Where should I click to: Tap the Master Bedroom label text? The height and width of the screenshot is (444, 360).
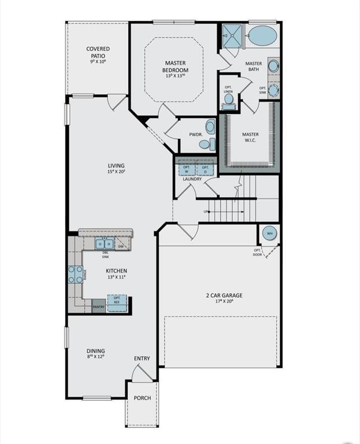point(175,66)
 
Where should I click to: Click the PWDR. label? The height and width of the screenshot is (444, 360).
point(195,135)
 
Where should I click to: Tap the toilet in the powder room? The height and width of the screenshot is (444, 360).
point(210,127)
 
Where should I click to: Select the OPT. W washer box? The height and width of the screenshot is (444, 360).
point(186,169)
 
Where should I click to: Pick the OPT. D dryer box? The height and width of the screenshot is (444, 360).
point(205,169)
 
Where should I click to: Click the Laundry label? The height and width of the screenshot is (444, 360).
point(192,179)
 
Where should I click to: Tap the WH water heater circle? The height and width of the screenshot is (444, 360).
point(269,234)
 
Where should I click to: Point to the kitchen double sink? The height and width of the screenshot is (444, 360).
point(104,244)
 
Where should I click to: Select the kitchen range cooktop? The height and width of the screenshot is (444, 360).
point(75,274)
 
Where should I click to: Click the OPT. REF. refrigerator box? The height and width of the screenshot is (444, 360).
point(117,299)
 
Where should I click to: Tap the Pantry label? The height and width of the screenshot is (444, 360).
point(99,308)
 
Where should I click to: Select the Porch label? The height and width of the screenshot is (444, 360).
point(142,398)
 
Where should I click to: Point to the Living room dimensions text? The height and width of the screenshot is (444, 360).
point(116,172)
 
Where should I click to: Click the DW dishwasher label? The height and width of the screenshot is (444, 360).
point(121,247)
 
